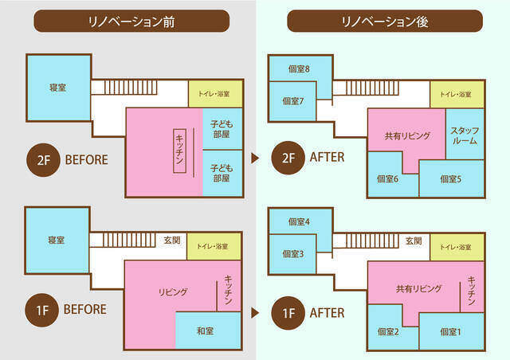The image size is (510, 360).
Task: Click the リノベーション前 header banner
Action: (x=132, y=21)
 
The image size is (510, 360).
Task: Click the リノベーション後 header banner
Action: (x=384, y=21)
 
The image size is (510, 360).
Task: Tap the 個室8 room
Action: (x=299, y=68)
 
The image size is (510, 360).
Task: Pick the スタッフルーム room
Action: (x=464, y=135)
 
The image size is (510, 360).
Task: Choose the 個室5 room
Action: (x=451, y=179)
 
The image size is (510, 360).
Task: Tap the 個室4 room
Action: (x=299, y=221)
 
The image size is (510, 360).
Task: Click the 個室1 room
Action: (x=451, y=331)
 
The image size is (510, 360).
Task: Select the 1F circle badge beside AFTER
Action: (x=287, y=311)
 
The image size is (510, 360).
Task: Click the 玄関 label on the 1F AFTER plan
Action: (x=412, y=240)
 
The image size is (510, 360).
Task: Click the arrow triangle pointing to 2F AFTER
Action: (x=255, y=158)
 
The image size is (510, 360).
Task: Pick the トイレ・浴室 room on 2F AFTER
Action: (x=456, y=94)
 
